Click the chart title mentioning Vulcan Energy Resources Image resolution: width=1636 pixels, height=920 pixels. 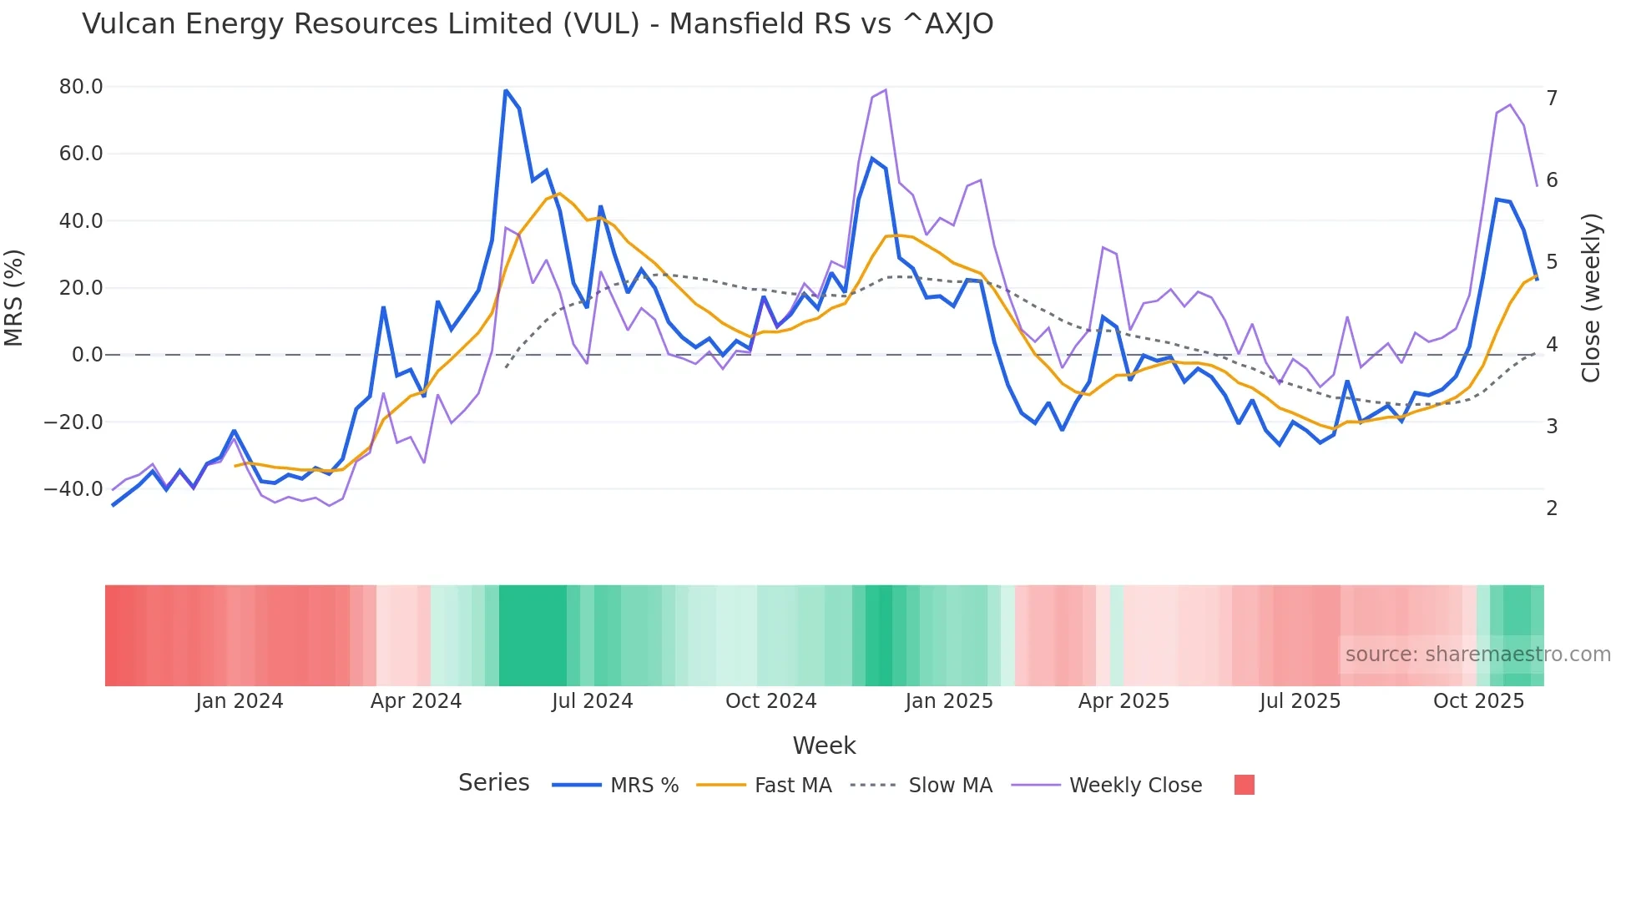pos(537,24)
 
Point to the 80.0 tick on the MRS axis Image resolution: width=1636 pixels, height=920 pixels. pos(81,87)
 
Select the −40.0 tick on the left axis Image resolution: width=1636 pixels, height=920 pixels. pos(73,489)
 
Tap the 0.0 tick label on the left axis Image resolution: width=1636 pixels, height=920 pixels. pos(87,355)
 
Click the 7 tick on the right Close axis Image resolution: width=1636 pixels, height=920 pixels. pos(1552,99)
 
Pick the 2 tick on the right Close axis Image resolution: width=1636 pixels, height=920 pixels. pos(1552,508)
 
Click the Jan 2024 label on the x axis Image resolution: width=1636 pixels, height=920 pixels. pos(240,701)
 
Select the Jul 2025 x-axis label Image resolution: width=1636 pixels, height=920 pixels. pos(1300,701)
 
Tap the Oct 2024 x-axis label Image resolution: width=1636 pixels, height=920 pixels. pos(770,701)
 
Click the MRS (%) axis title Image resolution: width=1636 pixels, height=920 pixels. pos(14,298)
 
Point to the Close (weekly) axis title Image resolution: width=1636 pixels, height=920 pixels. pos(1591,298)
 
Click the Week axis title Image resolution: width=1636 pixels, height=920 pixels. pos(824,746)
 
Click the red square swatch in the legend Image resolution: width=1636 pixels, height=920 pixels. pos(1244,785)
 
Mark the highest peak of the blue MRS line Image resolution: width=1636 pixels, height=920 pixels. pos(506,90)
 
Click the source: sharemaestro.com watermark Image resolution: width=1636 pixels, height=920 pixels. pos(1477,655)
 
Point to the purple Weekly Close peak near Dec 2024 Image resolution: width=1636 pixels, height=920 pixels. pos(885,90)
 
